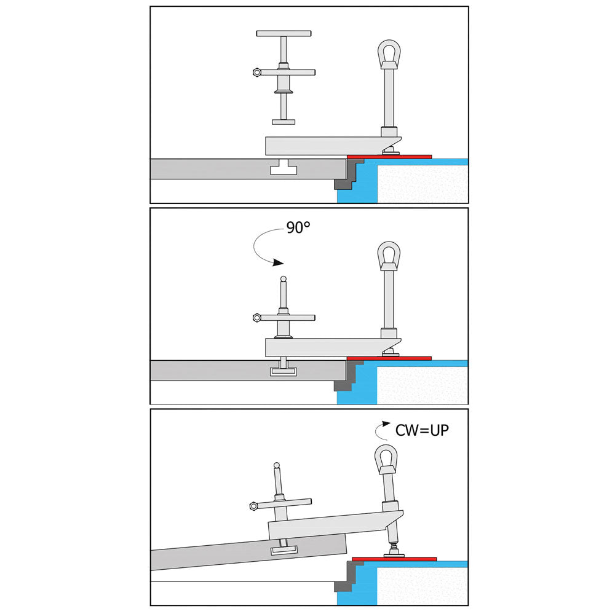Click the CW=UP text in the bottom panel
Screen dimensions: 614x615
tap(422, 430)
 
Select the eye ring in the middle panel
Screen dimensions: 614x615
tap(388, 255)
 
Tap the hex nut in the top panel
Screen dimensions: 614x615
tap(256, 73)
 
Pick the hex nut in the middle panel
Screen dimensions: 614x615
tap(256, 318)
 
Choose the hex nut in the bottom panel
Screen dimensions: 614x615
tap(253, 506)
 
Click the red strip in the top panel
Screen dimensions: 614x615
tap(389, 157)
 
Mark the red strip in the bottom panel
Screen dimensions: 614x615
tap(394, 559)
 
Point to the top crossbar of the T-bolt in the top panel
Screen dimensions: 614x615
tap(284, 33)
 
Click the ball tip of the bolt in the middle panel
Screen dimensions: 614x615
tap(283, 279)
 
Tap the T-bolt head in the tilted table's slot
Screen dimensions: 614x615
tap(285, 548)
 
